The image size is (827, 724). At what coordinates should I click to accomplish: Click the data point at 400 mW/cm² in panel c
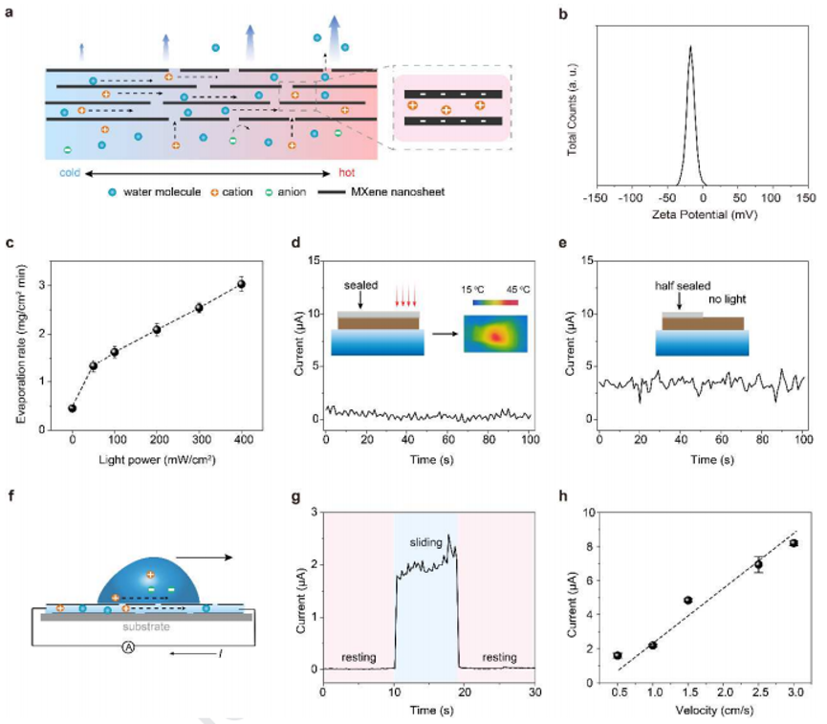[241, 284]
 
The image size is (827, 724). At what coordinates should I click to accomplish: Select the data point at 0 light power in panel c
[72, 408]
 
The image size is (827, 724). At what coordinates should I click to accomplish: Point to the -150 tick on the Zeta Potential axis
[595, 196]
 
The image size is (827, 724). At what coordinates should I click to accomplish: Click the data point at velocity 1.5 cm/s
[687, 600]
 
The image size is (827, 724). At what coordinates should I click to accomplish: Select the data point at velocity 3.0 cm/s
[793, 543]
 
